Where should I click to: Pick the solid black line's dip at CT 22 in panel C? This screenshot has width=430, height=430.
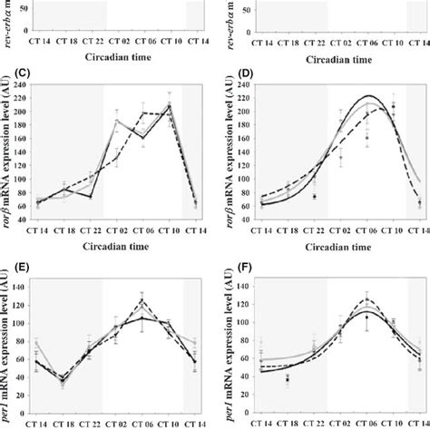point(92,196)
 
